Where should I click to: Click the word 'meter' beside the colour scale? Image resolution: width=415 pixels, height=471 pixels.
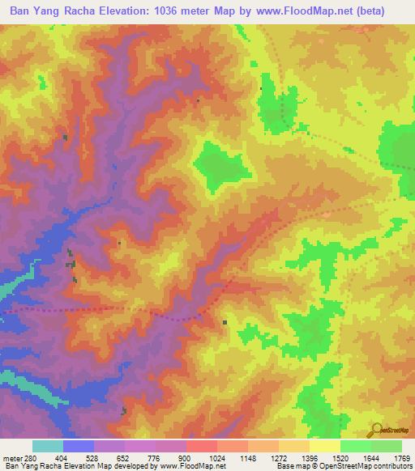click(x=11, y=457)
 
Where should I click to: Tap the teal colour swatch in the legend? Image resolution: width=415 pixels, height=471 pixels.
click(x=48, y=446)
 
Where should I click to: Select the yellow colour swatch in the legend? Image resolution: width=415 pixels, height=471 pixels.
click(x=324, y=446)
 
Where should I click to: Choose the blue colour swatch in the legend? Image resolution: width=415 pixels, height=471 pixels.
click(x=79, y=446)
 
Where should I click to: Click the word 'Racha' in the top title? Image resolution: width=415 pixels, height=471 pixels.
click(x=90, y=11)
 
